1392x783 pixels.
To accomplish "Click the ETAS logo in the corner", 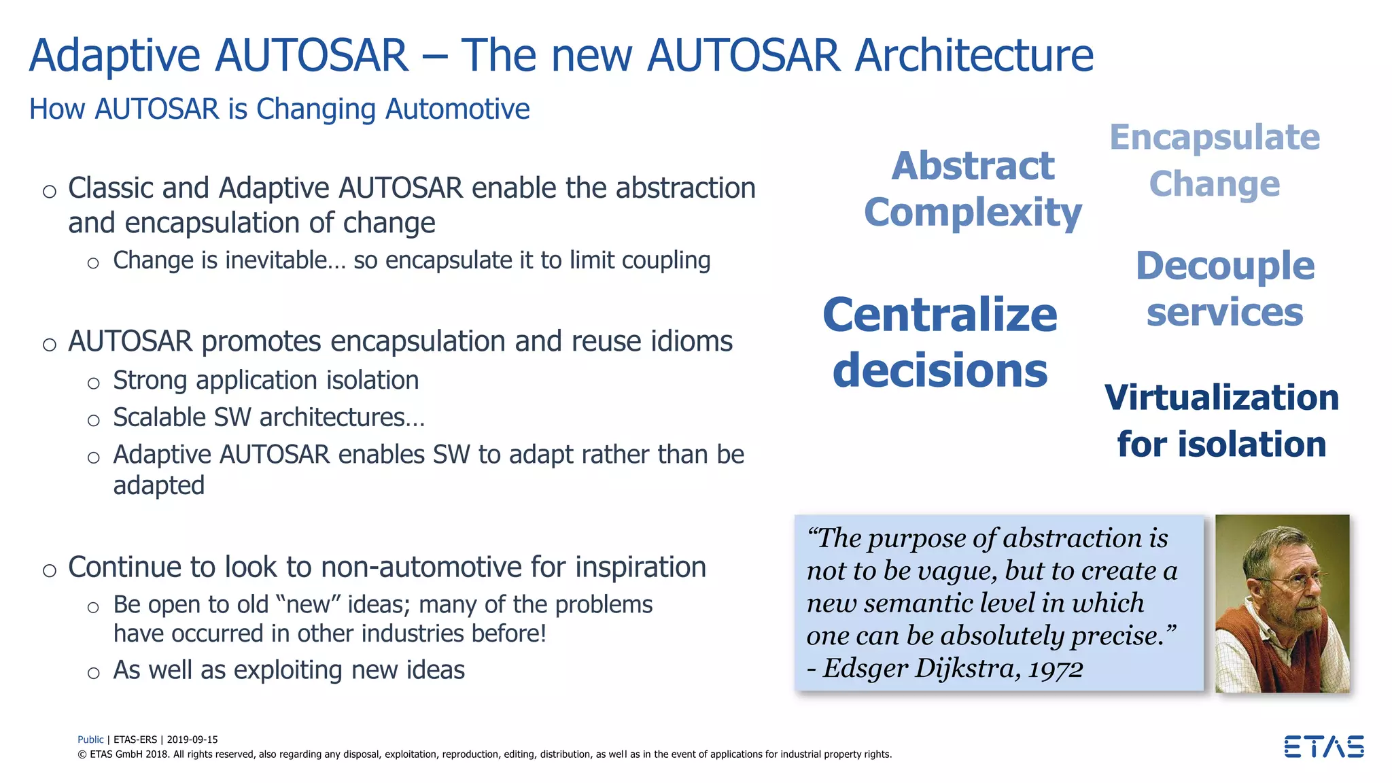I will click(x=1323, y=746).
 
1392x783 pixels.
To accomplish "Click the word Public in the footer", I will click(x=90, y=739).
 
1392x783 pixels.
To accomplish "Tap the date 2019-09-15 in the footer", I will click(x=192, y=739).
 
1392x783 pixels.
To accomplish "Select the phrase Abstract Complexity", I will click(x=973, y=189).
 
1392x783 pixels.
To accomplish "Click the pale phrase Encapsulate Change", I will click(x=1215, y=160).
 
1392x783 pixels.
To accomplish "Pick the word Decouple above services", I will click(x=1225, y=265).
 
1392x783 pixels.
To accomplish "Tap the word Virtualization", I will click(x=1221, y=398).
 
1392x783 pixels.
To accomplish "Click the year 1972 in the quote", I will click(x=1055, y=669).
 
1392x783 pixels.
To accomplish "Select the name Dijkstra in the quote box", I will click(x=967, y=668).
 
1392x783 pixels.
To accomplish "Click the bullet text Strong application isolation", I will click(x=266, y=380).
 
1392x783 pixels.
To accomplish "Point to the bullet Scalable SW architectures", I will click(x=268, y=417).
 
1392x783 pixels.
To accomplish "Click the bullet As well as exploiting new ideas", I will click(x=289, y=670).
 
